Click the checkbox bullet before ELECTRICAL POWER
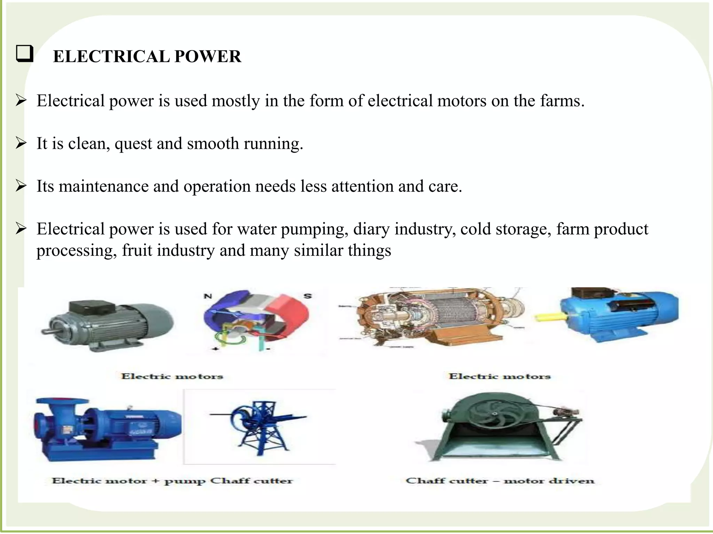25,54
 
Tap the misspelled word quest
133,144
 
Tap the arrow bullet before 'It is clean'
21,143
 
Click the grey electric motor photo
108,325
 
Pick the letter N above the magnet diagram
208,296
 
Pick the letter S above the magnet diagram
308,296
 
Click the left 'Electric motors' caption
172,376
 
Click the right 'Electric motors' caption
500,376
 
